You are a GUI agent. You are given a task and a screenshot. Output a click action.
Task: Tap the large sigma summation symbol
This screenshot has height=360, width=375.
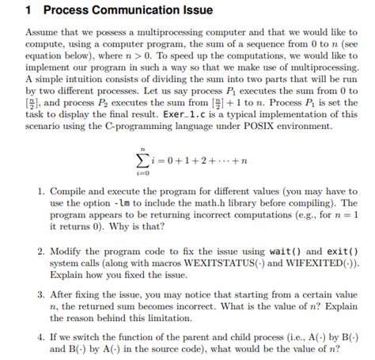[x=143, y=161]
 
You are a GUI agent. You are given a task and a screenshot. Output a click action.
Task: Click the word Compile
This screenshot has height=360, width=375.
[x=67, y=192]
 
